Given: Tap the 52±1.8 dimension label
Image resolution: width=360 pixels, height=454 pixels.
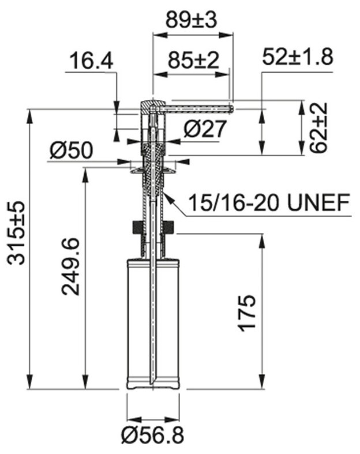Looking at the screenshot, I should (297, 58).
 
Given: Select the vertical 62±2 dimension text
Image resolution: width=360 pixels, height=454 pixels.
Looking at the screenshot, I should (318, 127).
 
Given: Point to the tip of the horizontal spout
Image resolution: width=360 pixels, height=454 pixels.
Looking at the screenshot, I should (231, 107).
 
